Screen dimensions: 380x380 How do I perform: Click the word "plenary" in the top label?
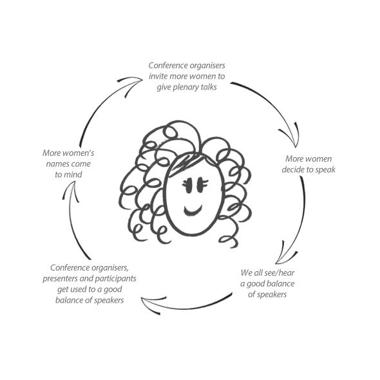185,88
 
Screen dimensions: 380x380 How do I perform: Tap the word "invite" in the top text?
158,76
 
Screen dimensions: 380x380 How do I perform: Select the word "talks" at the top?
209,87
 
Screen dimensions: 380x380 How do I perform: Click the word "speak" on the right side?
325,170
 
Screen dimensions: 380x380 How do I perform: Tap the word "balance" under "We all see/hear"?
282,283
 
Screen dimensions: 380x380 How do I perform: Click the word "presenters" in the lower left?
60,279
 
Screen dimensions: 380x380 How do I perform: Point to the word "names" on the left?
57,164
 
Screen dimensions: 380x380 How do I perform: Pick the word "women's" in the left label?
80,153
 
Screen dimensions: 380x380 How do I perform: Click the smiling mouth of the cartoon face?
193,211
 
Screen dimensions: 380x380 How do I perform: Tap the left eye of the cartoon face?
188,185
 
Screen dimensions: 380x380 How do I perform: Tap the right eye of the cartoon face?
202,185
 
